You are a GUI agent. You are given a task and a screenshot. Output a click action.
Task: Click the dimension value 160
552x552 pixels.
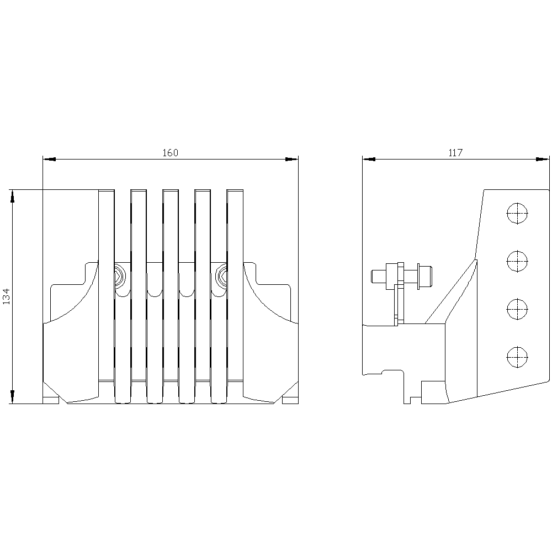click(171, 153)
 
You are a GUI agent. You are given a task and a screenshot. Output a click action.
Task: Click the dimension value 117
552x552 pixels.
click(455, 153)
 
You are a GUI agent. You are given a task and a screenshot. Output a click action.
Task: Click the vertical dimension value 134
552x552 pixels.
click(7, 296)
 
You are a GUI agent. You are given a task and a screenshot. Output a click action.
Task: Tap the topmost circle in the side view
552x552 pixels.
click(517, 213)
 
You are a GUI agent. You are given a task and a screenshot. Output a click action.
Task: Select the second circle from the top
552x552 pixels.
click(517, 261)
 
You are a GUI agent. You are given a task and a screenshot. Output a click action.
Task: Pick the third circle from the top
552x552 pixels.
click(517, 309)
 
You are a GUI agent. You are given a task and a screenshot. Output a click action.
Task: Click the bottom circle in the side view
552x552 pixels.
click(517, 357)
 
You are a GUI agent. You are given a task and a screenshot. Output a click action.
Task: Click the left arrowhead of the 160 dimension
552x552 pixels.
click(49, 160)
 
